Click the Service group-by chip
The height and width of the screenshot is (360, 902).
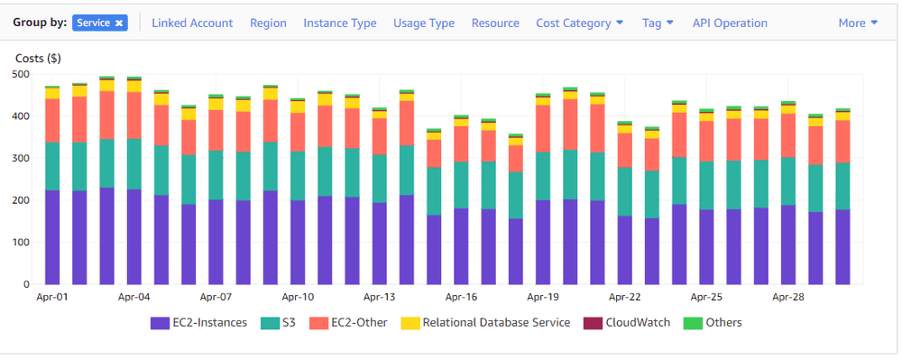pos(99,23)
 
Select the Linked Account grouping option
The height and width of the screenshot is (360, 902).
pos(192,23)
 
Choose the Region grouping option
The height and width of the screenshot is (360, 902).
pos(268,23)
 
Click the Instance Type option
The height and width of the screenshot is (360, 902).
pos(340,23)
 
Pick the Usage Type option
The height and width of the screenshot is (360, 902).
pos(424,23)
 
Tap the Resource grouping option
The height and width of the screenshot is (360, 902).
pos(495,23)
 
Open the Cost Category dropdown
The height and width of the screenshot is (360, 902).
pos(579,23)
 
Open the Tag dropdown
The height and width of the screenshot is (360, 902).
pos(658,23)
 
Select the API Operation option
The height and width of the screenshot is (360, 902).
pos(730,23)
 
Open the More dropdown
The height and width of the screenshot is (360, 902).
pos(858,23)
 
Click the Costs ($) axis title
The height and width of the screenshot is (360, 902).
pos(38,58)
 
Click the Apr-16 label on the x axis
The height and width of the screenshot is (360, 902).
pos(461,296)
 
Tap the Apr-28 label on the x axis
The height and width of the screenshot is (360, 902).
pos(788,296)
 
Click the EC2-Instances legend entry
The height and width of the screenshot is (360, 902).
pos(199,322)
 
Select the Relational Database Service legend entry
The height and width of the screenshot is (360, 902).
pos(486,322)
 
